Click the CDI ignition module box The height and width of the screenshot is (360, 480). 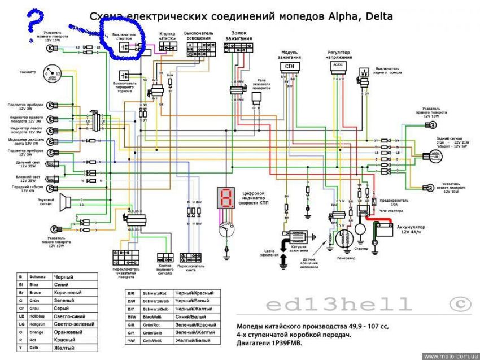tap(289, 66)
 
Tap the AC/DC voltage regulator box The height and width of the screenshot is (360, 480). tap(339, 66)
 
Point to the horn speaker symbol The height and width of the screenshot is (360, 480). tap(66, 201)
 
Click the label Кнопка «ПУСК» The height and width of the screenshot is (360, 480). tap(168, 36)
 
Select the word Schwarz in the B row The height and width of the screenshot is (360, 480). tap(38, 277)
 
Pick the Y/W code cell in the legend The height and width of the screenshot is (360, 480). tap(131, 340)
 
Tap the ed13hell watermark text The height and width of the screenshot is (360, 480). tap(339, 305)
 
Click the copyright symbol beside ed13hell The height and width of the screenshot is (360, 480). tap(460, 304)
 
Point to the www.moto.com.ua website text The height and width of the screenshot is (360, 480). tap(450, 356)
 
